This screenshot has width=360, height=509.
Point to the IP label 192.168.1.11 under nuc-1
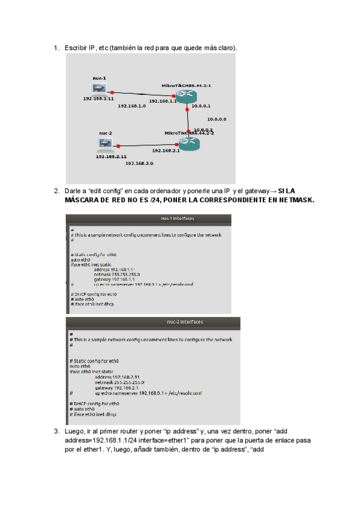point(98,98)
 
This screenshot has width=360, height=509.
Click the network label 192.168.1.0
point(132,106)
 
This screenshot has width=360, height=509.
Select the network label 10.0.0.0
point(216,119)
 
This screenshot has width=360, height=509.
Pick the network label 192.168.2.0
point(139,163)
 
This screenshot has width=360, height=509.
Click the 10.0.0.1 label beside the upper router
point(202,106)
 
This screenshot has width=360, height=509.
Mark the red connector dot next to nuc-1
point(112,92)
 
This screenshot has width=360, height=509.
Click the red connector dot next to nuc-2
point(119,146)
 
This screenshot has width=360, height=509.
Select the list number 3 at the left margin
point(56,431)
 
